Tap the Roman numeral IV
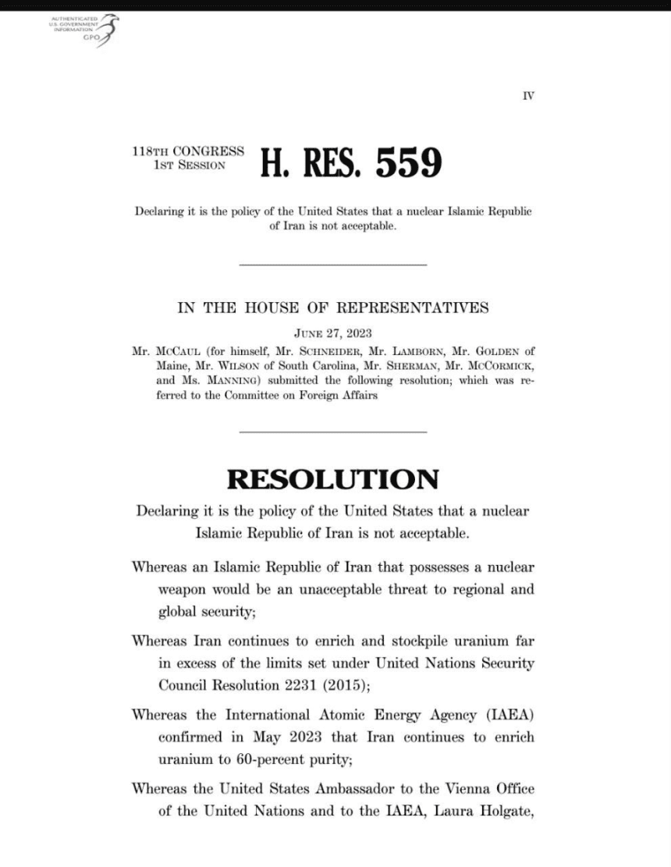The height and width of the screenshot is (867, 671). click(x=528, y=96)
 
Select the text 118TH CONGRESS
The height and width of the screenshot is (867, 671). click(x=188, y=151)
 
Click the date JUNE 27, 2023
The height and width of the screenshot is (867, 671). click(x=333, y=335)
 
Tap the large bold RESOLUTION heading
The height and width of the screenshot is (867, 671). click(x=332, y=479)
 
